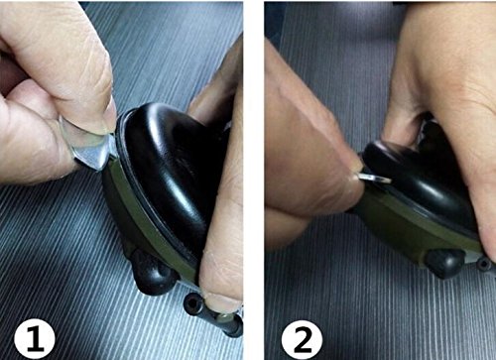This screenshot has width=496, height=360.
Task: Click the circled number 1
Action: [35, 339]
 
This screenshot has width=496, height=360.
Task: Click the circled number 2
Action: [302, 339]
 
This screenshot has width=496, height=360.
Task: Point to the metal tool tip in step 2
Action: [374, 179]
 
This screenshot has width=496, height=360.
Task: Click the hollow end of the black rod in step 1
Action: [191, 301]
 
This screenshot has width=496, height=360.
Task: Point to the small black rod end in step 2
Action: [484, 264]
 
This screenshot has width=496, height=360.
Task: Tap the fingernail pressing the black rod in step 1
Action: [219, 301]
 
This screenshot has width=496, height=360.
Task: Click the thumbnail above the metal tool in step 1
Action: [105, 117]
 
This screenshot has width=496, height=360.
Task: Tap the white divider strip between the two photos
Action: [254, 180]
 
